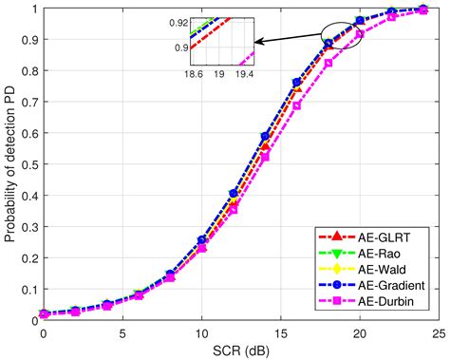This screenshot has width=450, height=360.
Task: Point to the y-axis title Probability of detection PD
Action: click(x=10, y=162)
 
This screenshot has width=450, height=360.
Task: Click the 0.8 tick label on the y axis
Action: click(x=28, y=71)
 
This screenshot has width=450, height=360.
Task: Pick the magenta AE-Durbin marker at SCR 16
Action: click(x=297, y=105)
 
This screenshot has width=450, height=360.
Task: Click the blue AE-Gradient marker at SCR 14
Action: click(x=266, y=137)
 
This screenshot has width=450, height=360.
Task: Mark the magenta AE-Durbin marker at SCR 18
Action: click(x=328, y=64)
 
